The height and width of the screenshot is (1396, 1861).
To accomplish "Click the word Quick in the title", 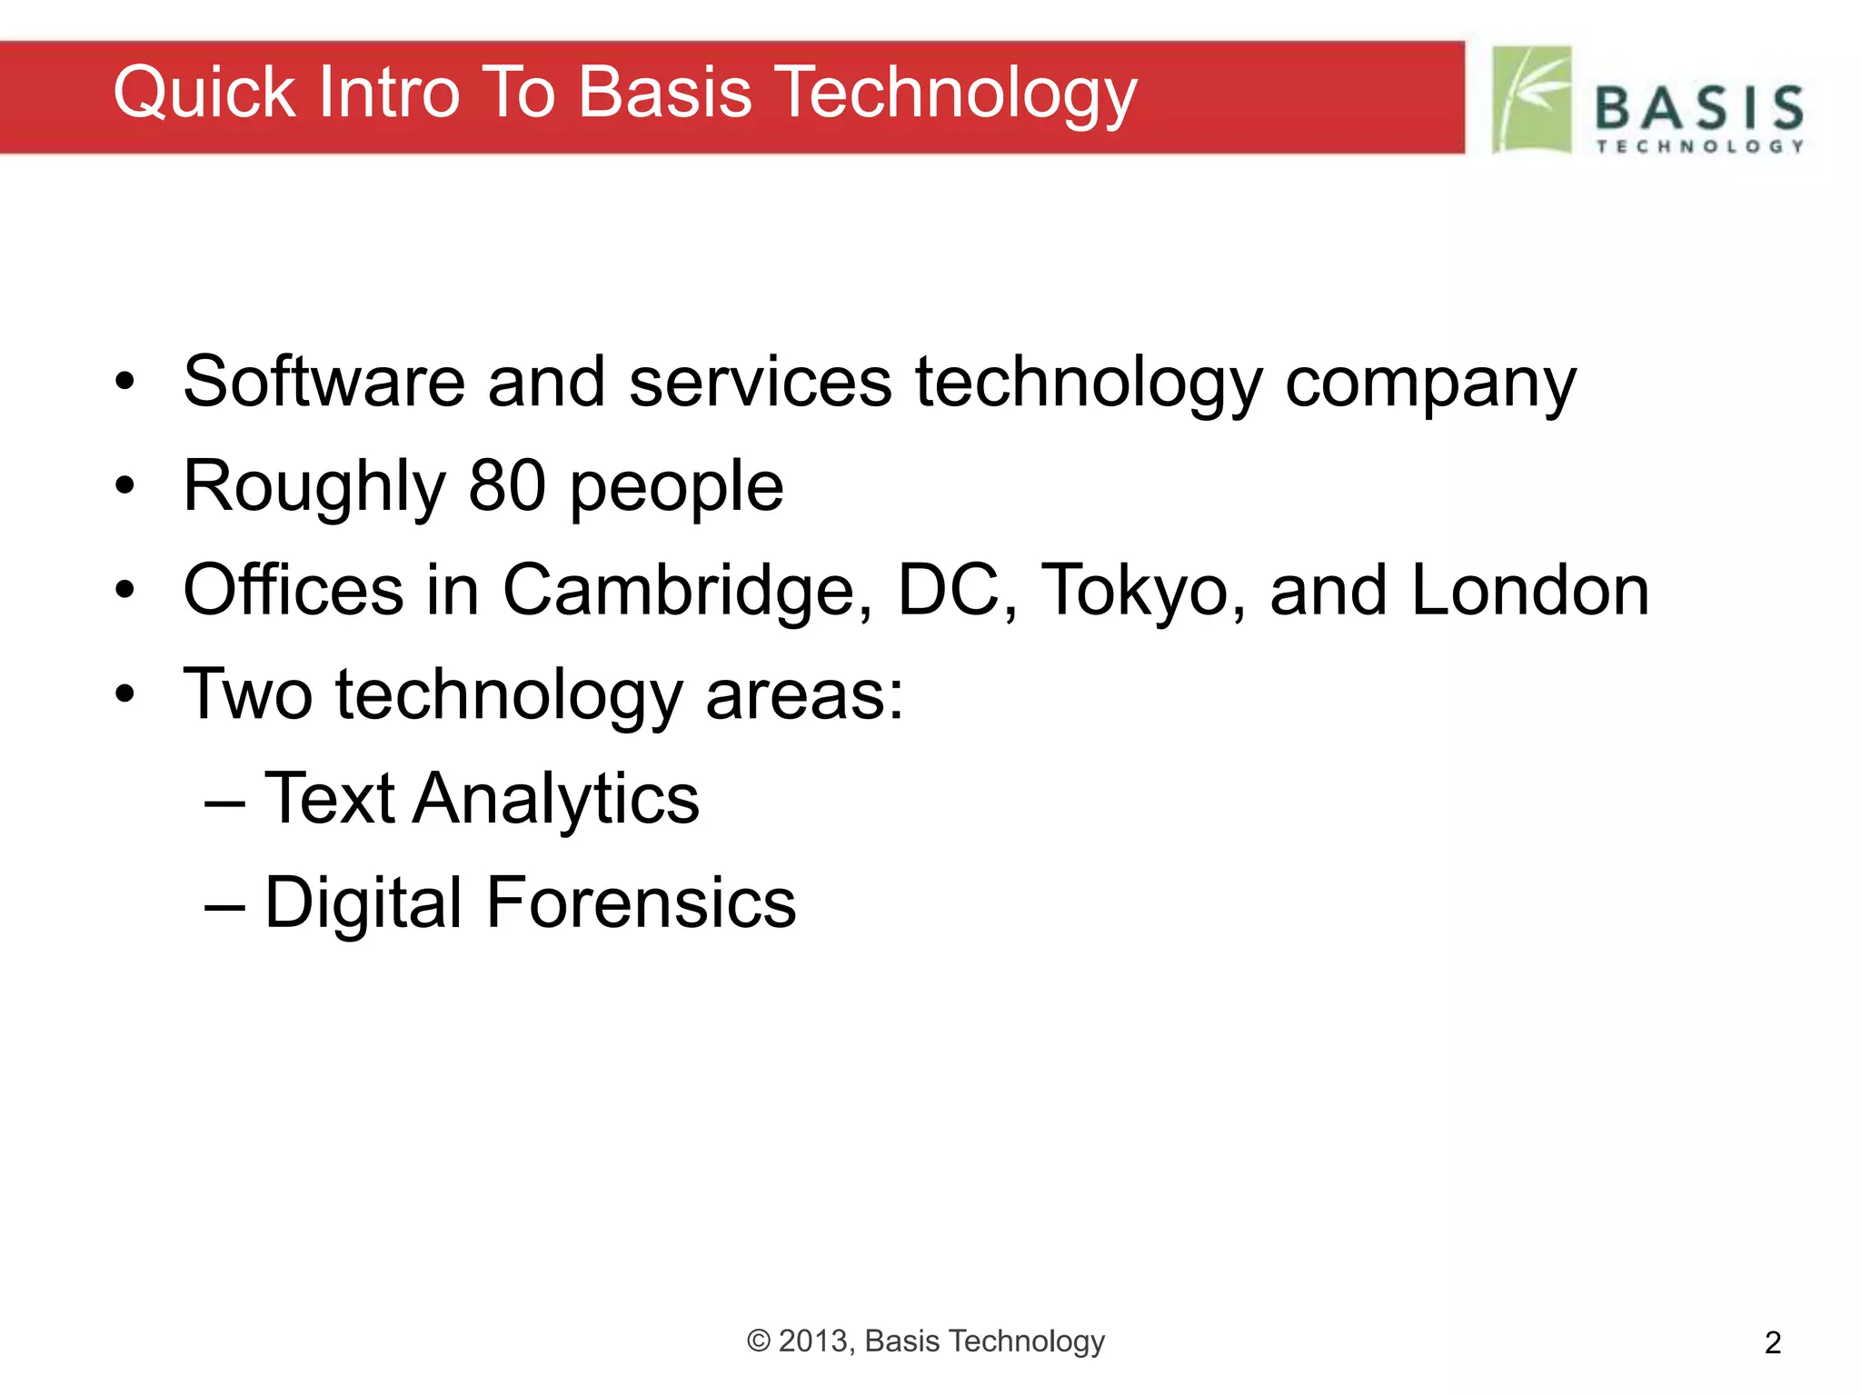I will tap(204, 94).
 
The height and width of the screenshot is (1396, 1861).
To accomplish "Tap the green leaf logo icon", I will tap(1531, 99).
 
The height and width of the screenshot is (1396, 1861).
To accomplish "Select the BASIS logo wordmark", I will tap(1699, 109).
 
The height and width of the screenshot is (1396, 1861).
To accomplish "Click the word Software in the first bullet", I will tap(323, 382).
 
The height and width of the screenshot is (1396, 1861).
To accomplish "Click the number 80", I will tap(507, 486).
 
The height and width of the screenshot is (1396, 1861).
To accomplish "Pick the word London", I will tap(1530, 591).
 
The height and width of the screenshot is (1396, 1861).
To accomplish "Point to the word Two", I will tap(248, 695).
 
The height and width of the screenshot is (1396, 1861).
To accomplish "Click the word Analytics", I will tap(555, 800).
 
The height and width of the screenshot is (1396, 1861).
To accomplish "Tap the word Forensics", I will tap(641, 903).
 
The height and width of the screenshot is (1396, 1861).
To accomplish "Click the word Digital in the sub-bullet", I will tap(363, 905).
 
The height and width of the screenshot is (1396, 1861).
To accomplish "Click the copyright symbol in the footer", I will tap(759, 1341).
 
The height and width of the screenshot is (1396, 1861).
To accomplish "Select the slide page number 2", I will tap(1773, 1343).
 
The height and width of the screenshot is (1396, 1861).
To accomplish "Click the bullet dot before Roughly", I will tap(124, 486).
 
